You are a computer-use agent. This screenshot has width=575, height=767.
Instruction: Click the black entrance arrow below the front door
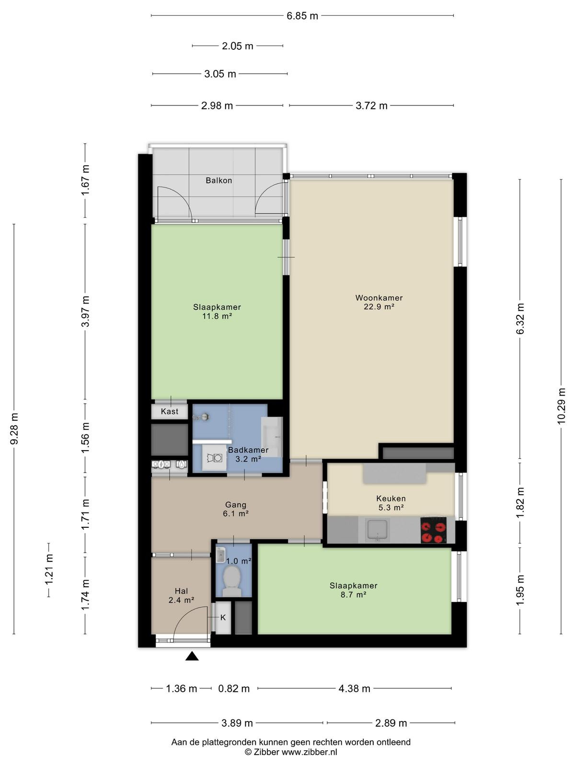point(192,656)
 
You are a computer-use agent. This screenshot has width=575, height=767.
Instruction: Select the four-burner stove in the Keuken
point(434,530)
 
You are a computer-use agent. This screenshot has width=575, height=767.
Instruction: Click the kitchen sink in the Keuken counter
point(377,530)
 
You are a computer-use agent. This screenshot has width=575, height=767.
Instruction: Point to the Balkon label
point(218,180)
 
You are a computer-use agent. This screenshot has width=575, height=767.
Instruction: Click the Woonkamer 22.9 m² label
point(379,302)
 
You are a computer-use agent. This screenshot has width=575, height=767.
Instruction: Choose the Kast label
point(169,411)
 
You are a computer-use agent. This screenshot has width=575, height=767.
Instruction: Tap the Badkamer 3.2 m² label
point(248,454)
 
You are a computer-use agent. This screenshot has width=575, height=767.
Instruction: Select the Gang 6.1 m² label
point(236,509)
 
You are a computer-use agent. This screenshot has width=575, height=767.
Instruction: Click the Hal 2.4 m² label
point(181,595)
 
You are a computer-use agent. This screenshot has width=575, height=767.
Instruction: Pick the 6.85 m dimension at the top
point(302,16)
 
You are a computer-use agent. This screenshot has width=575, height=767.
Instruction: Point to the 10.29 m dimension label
point(561,407)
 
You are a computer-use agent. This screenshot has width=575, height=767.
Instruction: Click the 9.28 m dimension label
point(14,429)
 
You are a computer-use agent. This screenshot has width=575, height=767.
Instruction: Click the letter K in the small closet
point(223,617)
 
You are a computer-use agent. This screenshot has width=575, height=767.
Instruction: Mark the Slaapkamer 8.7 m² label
point(353,590)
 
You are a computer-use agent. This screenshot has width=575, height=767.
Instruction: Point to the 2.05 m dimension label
point(237,46)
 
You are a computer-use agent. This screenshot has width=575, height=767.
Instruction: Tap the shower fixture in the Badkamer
point(201,417)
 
